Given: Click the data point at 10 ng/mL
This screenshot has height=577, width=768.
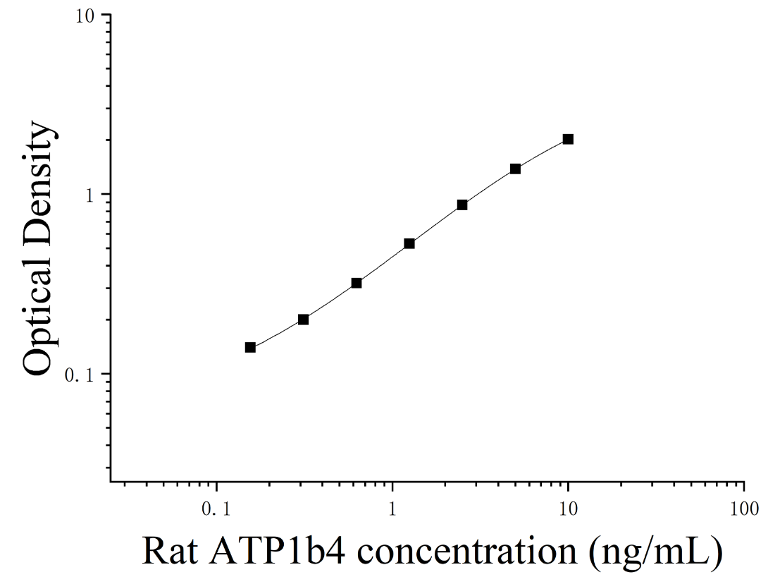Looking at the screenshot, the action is point(568,139).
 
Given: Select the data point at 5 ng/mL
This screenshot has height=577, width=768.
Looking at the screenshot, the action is point(515,169).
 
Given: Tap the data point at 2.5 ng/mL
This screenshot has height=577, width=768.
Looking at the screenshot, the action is point(462,205).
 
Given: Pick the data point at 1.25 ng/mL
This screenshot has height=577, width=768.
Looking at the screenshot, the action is point(409,243).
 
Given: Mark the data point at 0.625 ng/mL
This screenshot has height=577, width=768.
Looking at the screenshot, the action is point(357,283).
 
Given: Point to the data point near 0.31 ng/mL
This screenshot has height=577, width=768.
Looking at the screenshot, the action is point(303,320).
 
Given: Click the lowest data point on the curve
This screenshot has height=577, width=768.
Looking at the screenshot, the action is point(250,348).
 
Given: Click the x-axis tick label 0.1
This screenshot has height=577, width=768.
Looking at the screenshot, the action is point(216,510).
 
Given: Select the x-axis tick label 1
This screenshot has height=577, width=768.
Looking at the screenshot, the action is point(392,510).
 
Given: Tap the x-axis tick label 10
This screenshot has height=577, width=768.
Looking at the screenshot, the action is point(568,510).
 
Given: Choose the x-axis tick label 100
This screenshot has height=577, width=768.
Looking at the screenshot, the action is point(744,510).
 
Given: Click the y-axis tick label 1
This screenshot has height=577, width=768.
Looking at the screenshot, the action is point(89,195).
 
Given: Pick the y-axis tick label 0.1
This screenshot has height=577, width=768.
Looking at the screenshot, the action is point(80,375).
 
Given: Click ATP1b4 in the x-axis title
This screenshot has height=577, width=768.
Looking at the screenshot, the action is point(278,551).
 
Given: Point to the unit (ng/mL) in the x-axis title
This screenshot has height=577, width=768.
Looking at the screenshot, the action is point(657,552).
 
